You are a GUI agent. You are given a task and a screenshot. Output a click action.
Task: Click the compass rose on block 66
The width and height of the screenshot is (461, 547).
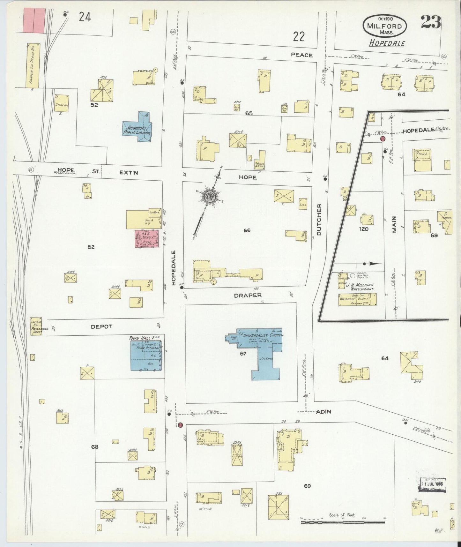pyautogui.click(x=211, y=195)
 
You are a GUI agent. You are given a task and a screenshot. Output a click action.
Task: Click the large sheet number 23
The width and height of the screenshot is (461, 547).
pyautogui.click(x=430, y=22)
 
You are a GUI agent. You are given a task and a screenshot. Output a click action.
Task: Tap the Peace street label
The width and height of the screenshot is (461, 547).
pyautogui.click(x=301, y=55)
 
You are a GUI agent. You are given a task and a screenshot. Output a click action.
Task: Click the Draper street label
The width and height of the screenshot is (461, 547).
pyautogui.click(x=248, y=296)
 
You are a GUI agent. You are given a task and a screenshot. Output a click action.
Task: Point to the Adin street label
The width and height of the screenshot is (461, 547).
pyautogui.click(x=323, y=412)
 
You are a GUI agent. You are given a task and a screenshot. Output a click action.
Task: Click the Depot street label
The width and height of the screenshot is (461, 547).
pyautogui.click(x=101, y=326)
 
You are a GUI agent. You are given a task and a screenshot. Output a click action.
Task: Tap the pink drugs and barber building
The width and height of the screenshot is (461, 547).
pyautogui.click(x=146, y=239)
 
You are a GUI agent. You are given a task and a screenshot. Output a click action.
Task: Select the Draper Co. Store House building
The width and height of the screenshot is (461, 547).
pyautogui.click(x=33, y=66)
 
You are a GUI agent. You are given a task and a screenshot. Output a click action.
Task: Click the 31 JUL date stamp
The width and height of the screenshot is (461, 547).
pyautogui.click(x=432, y=484)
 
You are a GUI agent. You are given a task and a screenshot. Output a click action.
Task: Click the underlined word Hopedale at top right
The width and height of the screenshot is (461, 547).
pyautogui.click(x=387, y=43)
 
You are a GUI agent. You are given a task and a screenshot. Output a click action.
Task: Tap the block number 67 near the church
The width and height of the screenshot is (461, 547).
pyautogui.click(x=243, y=354)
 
